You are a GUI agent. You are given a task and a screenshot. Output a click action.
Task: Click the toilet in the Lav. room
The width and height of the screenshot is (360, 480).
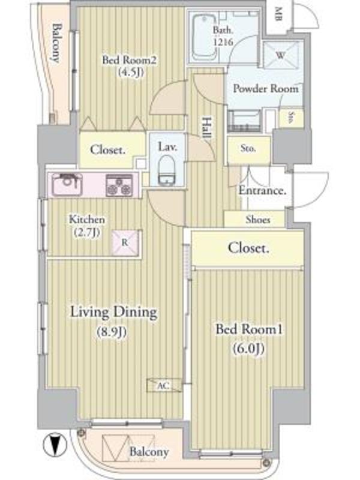(x=167, y=170)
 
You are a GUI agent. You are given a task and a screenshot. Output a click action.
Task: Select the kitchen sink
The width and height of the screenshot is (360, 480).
(x=67, y=185)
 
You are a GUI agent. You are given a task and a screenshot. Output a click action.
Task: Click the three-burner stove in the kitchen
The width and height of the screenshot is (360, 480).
(x=119, y=185)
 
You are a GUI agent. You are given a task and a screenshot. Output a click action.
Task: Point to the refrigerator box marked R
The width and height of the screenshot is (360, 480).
(x=125, y=242)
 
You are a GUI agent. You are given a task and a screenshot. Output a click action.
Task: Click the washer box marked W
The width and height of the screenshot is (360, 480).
(x=281, y=55)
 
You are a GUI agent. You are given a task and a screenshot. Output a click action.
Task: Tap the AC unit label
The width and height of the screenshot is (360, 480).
(x=163, y=386)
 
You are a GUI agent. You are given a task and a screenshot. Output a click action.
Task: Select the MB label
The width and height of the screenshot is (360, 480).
(x=278, y=14)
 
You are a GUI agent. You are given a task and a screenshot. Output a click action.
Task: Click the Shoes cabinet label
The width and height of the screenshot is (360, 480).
(x=258, y=220)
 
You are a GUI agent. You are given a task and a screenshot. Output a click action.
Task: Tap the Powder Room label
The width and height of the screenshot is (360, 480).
(x=266, y=89)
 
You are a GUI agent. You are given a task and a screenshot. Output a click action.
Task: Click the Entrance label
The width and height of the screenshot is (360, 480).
(x=262, y=191)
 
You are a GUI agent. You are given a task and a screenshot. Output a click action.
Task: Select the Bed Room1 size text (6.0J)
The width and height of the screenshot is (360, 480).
(x=248, y=348)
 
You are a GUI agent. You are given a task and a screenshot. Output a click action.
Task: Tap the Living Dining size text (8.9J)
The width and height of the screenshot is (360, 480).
(x=112, y=332)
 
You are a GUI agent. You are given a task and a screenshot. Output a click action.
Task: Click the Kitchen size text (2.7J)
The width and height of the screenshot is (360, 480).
(x=87, y=232)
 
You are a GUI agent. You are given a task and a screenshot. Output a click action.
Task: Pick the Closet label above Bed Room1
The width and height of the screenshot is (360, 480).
(x=248, y=248)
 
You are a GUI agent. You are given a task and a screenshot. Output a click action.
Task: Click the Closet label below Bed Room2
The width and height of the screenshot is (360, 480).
(x=108, y=150)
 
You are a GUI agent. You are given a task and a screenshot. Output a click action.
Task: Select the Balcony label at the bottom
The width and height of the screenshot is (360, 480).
(x=149, y=452)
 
